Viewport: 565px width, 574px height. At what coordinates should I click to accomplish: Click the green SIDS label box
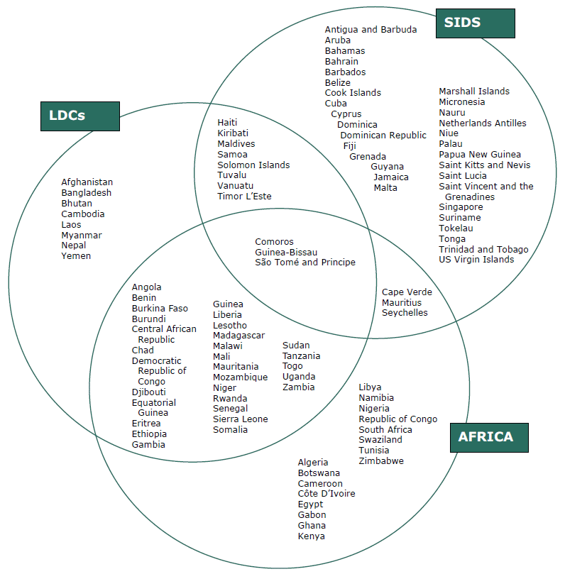click(475, 23)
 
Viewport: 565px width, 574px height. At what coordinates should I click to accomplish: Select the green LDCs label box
click(79, 115)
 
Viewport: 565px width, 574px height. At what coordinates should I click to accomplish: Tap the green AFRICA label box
click(489, 437)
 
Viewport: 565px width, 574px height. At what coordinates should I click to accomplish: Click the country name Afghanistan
click(87, 182)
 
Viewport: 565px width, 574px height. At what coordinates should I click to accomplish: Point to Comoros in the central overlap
click(274, 242)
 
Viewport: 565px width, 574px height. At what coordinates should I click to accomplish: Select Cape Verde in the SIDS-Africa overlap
click(407, 292)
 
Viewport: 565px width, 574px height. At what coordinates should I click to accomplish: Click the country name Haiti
click(227, 123)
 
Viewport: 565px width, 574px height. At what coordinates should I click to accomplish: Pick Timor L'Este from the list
click(244, 197)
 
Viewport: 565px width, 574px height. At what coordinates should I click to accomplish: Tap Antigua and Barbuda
click(371, 30)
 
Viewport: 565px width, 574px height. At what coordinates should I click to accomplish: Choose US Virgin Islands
click(476, 260)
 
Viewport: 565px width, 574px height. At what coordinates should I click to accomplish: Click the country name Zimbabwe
click(381, 461)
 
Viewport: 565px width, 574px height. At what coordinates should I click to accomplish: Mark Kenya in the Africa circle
click(311, 536)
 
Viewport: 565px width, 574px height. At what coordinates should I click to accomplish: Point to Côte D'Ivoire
click(327, 494)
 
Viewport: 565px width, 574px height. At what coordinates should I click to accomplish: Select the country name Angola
click(146, 287)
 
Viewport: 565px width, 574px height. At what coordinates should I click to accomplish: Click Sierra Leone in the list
click(241, 419)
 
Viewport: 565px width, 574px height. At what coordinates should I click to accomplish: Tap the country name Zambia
click(298, 387)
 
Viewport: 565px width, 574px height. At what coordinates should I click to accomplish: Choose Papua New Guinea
click(480, 155)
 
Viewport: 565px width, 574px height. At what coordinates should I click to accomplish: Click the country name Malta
click(385, 188)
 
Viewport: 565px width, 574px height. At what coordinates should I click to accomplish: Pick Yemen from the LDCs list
click(76, 256)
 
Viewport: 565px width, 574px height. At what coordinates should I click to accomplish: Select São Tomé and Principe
click(305, 263)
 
